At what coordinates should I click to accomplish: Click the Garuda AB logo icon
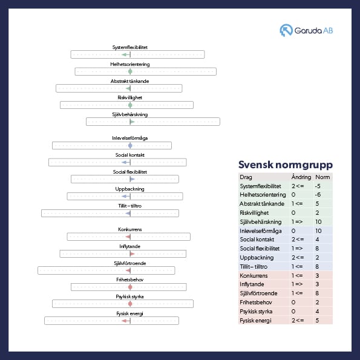point(286,30)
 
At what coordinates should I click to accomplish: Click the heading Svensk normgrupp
point(286,165)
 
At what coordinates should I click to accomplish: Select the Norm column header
point(322,177)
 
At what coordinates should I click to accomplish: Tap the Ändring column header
point(301,177)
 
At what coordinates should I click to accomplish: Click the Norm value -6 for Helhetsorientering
point(318,195)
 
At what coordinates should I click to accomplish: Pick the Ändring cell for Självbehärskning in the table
point(297,222)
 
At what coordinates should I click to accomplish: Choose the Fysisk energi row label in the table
point(255,321)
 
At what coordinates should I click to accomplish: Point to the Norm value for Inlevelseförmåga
point(318,231)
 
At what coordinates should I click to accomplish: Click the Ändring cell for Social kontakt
point(298,240)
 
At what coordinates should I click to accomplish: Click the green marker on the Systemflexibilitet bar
point(126,54)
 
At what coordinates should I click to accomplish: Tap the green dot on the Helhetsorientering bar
point(130,71)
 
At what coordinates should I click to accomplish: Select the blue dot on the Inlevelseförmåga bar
point(130,146)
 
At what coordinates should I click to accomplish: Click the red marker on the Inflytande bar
point(133,254)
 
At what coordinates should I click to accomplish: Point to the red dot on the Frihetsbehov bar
point(130,287)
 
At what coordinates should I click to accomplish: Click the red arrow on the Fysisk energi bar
point(126,321)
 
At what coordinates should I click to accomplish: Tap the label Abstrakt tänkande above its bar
point(129,81)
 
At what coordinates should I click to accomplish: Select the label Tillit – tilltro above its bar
point(129,206)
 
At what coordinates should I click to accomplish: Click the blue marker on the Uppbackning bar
point(126,196)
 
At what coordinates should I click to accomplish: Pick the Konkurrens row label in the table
point(254,275)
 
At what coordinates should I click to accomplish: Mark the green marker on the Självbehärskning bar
point(133,122)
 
